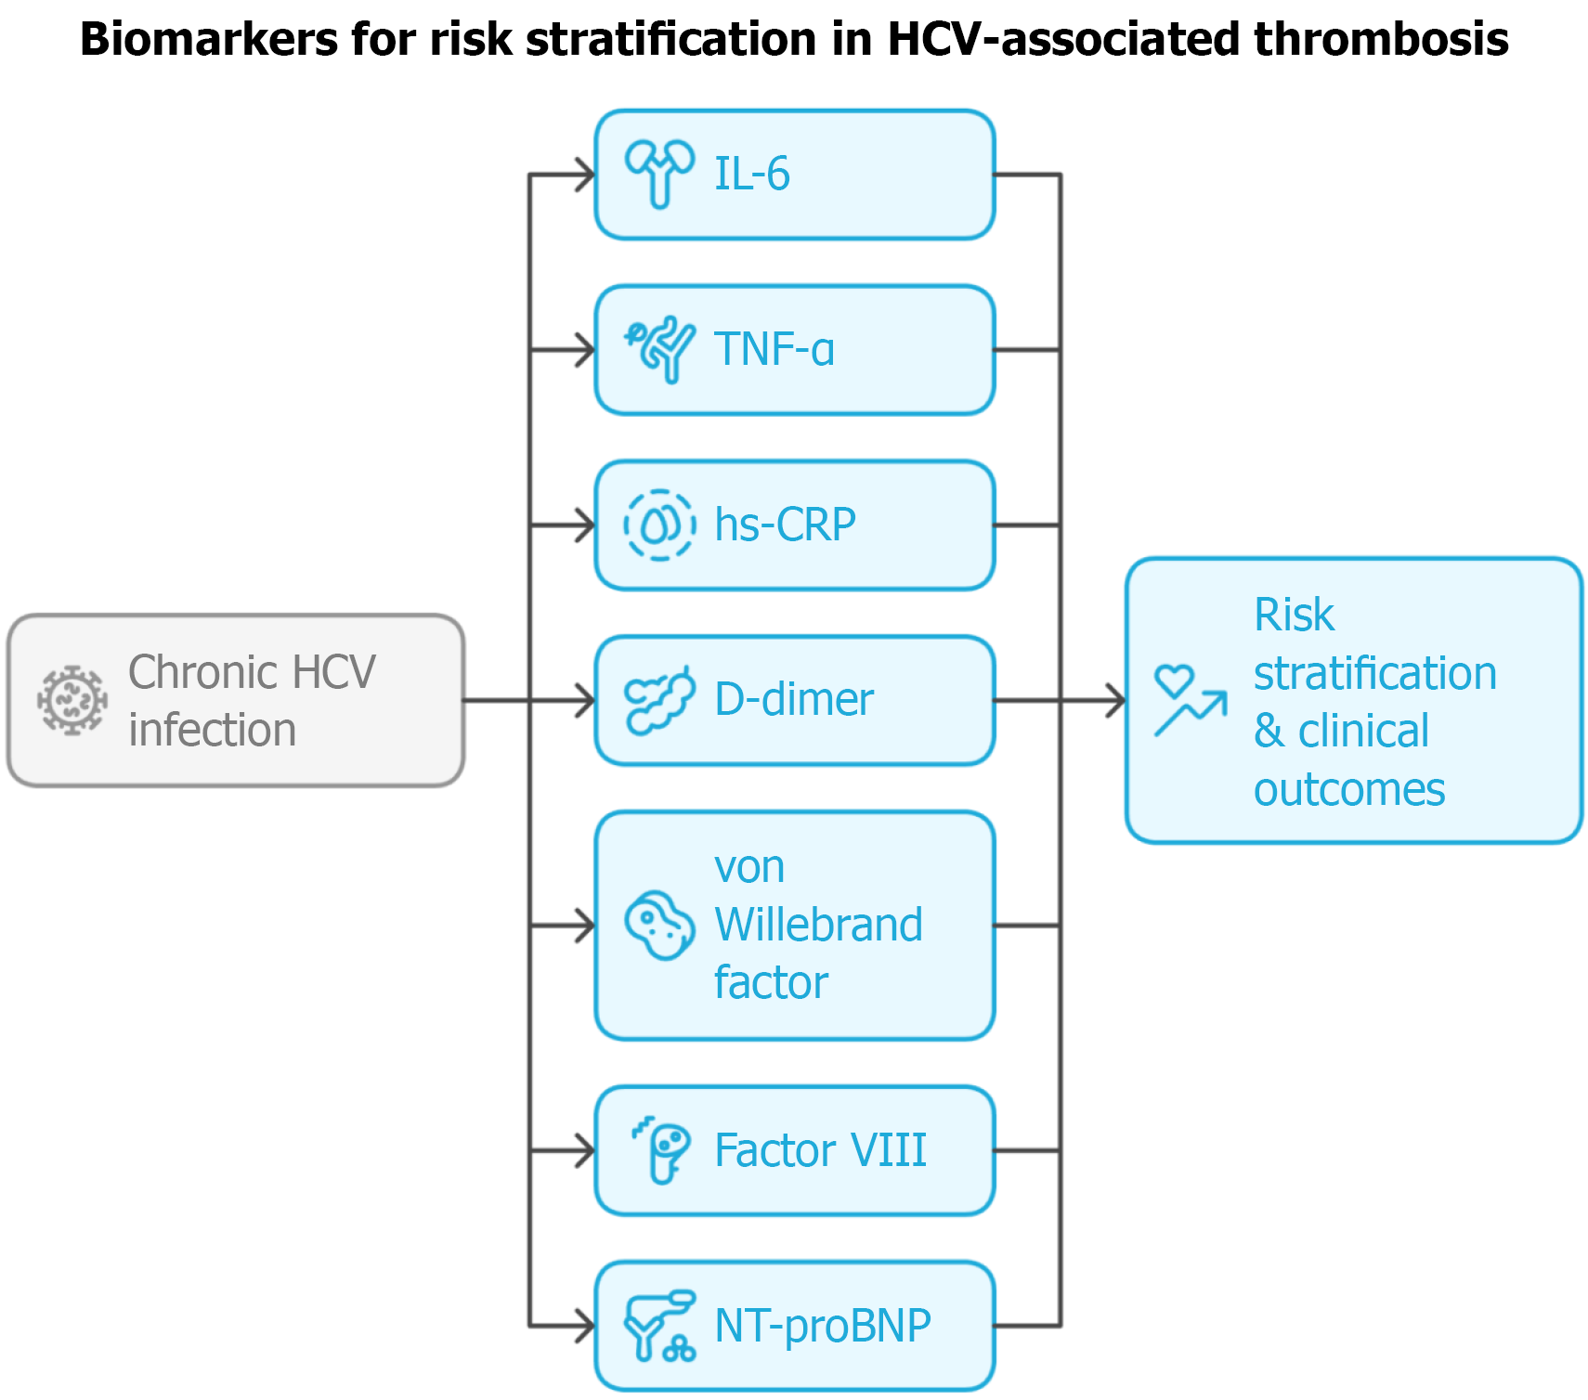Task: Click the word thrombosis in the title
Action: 1381,40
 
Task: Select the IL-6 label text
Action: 751,174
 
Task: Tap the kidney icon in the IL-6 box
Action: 659,174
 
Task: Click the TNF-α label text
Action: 774,349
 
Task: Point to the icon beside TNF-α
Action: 659,349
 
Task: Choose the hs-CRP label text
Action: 785,525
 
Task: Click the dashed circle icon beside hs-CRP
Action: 659,525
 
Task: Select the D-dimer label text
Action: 793,699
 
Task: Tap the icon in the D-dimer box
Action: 659,700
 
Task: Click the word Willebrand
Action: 818,925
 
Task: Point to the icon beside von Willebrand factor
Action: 659,925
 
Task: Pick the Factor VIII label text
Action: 820,1150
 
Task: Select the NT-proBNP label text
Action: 822,1325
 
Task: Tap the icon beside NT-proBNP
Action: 659,1325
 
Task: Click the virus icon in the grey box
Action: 72,700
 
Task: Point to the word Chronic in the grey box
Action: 199,672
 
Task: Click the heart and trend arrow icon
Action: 1190,701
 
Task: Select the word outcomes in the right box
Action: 1348,789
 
